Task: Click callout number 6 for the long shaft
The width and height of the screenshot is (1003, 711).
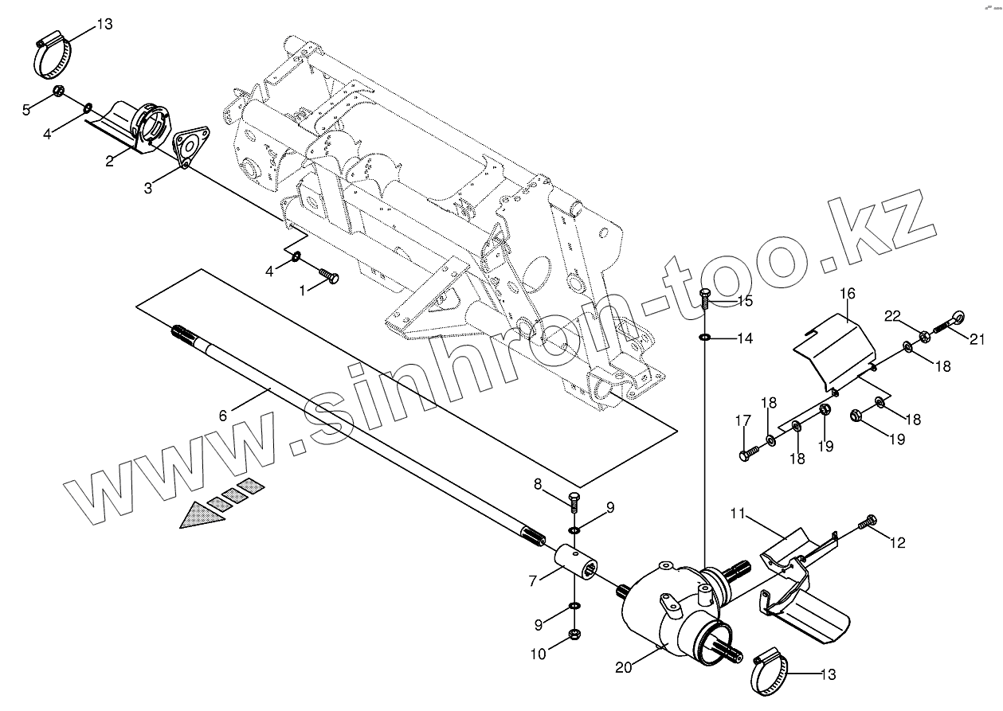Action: [223, 415]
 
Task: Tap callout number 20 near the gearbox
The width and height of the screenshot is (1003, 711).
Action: [623, 668]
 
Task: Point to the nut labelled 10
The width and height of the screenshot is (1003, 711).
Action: [574, 635]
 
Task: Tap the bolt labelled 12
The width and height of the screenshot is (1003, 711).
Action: [868, 522]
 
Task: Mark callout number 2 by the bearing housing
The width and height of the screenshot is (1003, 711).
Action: [109, 160]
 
